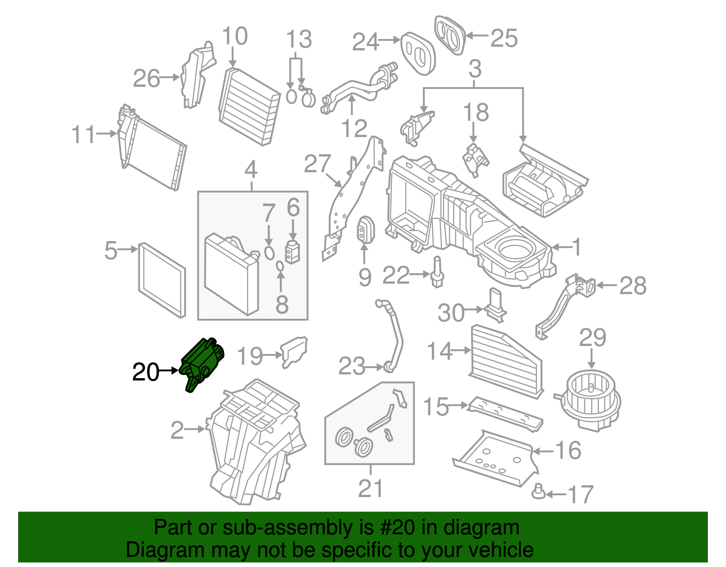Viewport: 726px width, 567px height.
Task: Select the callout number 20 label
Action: point(146,372)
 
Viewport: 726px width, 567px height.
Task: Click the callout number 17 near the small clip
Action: point(580,494)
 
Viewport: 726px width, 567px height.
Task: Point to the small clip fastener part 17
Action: point(539,491)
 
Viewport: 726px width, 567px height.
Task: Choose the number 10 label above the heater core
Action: point(235,36)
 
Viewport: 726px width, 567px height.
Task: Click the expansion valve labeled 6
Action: point(293,251)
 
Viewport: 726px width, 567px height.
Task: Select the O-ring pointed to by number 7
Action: point(269,253)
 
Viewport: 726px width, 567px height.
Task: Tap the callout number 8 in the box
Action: point(282,305)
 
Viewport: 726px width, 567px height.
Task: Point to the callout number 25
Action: point(504,38)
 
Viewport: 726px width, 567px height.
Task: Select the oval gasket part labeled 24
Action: point(417,53)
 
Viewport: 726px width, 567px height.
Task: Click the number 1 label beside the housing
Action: point(576,248)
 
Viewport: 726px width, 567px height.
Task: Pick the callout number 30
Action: point(451,313)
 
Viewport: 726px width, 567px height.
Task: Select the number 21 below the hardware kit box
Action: point(370,489)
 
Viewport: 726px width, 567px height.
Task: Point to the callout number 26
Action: point(147,79)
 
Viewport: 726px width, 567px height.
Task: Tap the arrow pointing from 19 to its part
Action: point(272,355)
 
